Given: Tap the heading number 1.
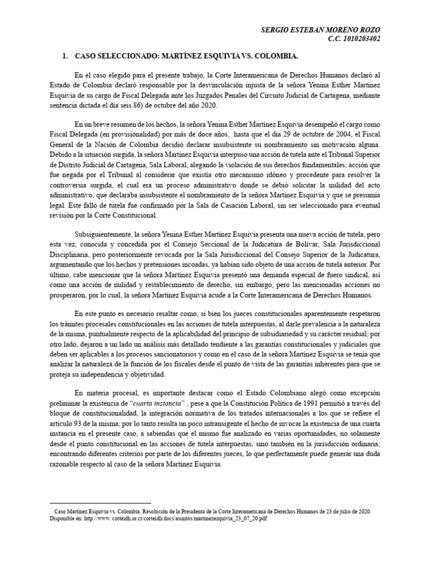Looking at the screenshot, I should tap(66, 57).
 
